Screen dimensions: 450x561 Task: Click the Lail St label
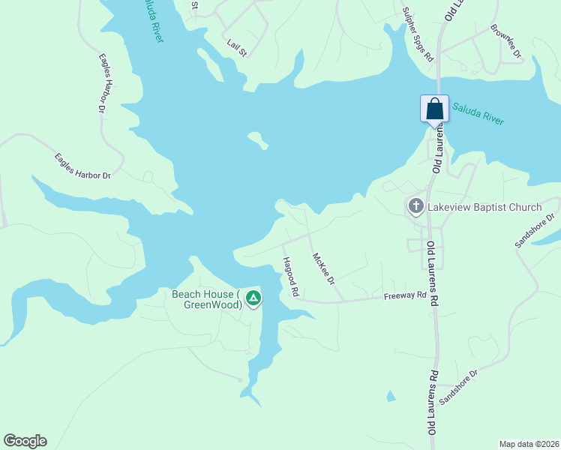237,46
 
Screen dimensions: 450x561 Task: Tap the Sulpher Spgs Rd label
418,34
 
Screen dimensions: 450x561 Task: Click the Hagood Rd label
290,277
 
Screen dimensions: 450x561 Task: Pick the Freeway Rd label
404,295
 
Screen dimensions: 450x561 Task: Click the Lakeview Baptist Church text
485,206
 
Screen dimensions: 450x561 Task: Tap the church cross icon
416,205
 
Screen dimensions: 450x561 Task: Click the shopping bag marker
434,109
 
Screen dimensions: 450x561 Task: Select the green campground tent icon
254,299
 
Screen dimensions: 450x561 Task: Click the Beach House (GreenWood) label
205,299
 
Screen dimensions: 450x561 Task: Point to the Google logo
25,441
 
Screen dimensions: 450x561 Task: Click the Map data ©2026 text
529,443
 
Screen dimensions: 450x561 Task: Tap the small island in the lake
258,140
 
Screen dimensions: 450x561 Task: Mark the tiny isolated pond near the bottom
390,396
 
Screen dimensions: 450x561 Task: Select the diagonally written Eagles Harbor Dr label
82,166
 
